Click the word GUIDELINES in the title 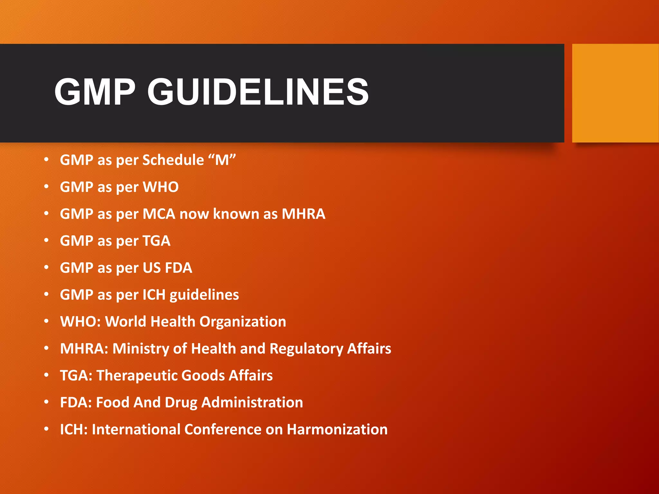point(258,92)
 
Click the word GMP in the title point(95,92)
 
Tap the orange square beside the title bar point(615,93)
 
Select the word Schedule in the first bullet point(173,160)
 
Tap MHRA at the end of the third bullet point(303,214)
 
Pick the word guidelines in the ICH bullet point(204,295)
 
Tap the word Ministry point(141,349)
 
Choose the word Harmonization point(337,430)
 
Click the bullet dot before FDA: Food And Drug point(47,402)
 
